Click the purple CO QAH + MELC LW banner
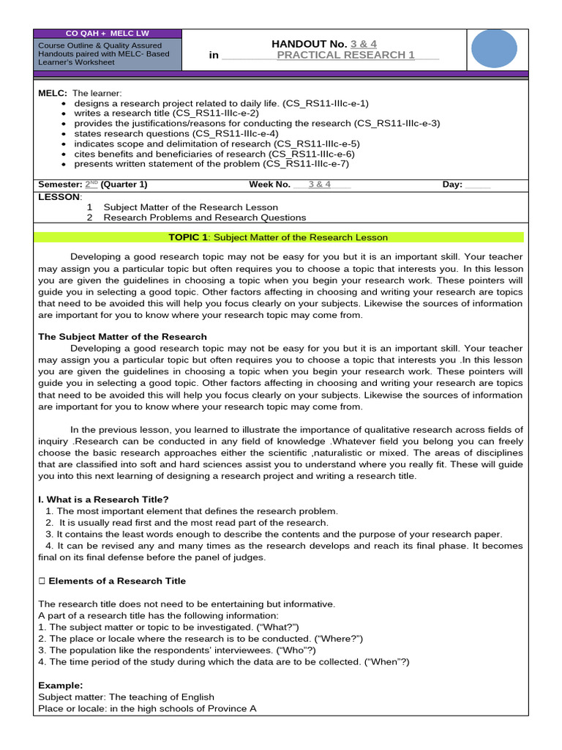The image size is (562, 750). (107, 34)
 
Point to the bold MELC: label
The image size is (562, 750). (53, 94)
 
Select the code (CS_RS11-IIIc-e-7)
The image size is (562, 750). (301, 164)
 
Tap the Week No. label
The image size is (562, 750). (269, 185)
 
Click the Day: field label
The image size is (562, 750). (452, 185)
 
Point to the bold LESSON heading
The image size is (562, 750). (59, 197)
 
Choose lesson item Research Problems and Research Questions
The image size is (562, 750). (205, 218)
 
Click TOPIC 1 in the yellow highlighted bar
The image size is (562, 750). (188, 237)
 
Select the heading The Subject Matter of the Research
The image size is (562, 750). (122, 337)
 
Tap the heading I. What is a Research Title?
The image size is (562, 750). (103, 500)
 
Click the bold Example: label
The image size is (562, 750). (60, 686)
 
